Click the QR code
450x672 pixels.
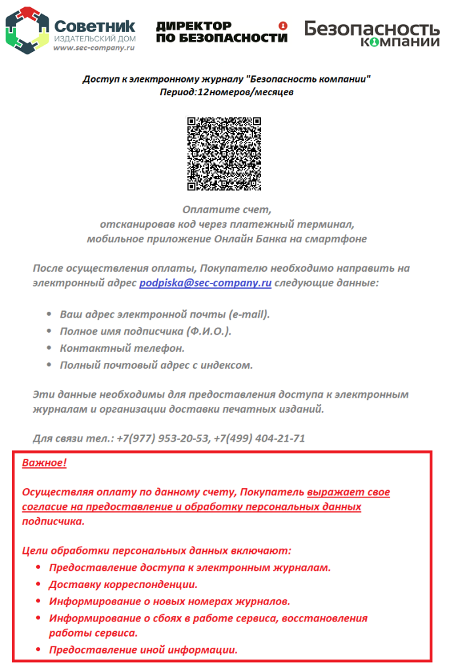pos(224,154)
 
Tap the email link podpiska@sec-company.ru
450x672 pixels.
pos(205,283)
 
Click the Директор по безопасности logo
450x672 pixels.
pos(222,31)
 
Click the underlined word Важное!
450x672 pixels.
pos(45,463)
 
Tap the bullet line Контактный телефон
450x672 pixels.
pos(122,348)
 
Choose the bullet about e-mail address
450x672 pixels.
pos(165,314)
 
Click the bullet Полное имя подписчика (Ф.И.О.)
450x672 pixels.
pos(145,331)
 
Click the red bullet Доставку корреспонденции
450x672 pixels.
pos(124,584)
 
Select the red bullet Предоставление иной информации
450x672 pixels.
pos(143,650)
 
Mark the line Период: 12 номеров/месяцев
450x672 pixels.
pos(226,93)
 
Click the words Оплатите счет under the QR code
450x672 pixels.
pos(227,210)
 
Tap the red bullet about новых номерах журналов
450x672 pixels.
pos(169,601)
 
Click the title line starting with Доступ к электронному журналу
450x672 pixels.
pos(226,79)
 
